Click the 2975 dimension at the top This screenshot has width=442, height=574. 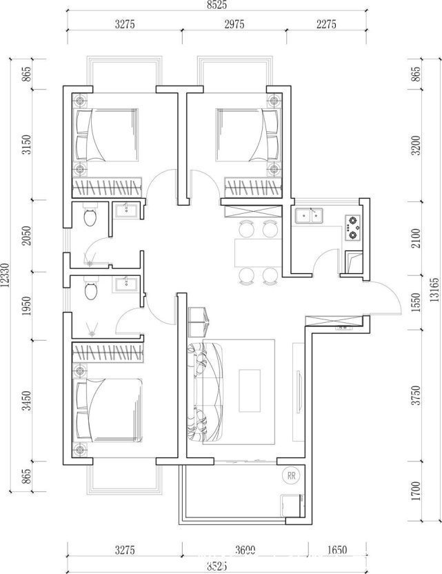[x=234, y=24]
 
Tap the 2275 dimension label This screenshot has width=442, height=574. [x=325, y=24]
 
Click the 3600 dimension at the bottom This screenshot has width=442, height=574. [x=244, y=551]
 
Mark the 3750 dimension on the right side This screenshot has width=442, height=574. [x=415, y=397]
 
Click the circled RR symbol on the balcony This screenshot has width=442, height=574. [x=291, y=475]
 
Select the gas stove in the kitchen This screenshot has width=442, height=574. [x=353, y=227]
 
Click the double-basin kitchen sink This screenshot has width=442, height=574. [x=309, y=216]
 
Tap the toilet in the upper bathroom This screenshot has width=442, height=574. [x=89, y=219]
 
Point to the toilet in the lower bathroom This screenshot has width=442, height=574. [x=89, y=290]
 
